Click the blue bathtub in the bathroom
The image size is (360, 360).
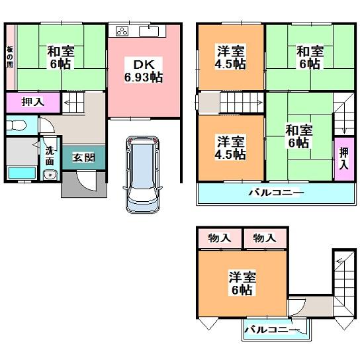21,173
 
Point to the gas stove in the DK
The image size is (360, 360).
122,31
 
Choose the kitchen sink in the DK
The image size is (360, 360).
152,30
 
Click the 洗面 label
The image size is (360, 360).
50,155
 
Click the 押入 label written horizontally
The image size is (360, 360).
32,103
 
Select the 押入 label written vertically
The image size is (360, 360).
343,159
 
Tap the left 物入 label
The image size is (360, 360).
219,238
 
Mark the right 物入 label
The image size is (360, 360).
264,238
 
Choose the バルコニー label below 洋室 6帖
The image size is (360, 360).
271,329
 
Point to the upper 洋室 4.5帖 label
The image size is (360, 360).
230,58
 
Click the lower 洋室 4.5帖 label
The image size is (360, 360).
230,147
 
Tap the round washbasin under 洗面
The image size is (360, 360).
48,175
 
